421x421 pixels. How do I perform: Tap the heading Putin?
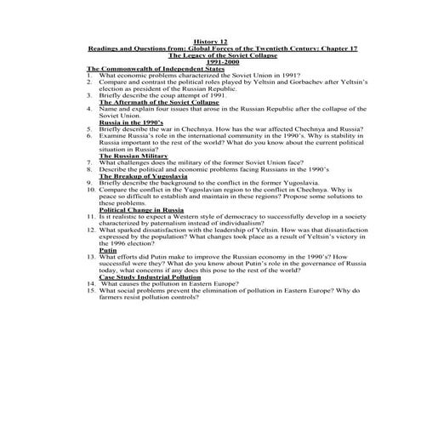(x=108, y=252)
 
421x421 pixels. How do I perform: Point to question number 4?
(x=89, y=109)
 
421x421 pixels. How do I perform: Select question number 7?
(x=89, y=163)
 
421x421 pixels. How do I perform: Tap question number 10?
(x=90, y=191)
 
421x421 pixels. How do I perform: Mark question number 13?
(x=90, y=259)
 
